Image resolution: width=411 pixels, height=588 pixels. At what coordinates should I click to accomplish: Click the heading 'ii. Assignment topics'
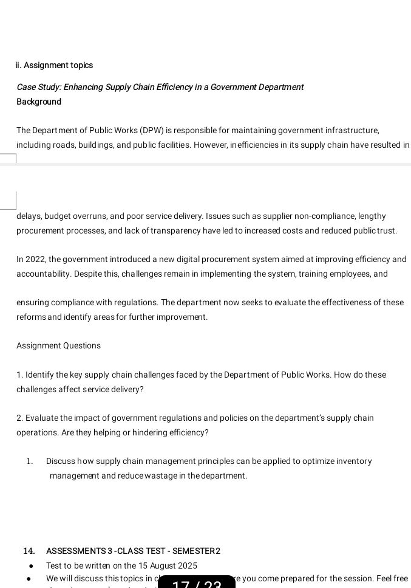pyautogui.click(x=55, y=65)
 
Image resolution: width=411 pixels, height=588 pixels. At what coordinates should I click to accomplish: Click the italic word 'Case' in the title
pyautogui.click(x=27, y=87)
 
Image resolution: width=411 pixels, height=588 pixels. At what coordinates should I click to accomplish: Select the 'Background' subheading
pyautogui.click(x=39, y=102)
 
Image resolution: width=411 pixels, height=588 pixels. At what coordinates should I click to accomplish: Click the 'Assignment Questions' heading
pyautogui.click(x=58, y=345)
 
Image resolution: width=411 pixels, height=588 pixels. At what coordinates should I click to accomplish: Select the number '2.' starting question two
pyautogui.click(x=20, y=418)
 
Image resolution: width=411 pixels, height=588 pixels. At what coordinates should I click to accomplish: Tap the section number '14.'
pyautogui.click(x=29, y=551)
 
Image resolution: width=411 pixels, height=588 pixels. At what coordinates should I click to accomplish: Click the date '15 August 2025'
pyautogui.click(x=163, y=566)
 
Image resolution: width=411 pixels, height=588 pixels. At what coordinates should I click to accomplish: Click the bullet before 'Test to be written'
pyautogui.click(x=30, y=566)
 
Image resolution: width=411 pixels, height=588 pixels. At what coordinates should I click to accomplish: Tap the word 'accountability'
pyautogui.click(x=44, y=274)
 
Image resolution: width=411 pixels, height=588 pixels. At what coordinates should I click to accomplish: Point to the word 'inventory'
pyautogui.click(x=355, y=461)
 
